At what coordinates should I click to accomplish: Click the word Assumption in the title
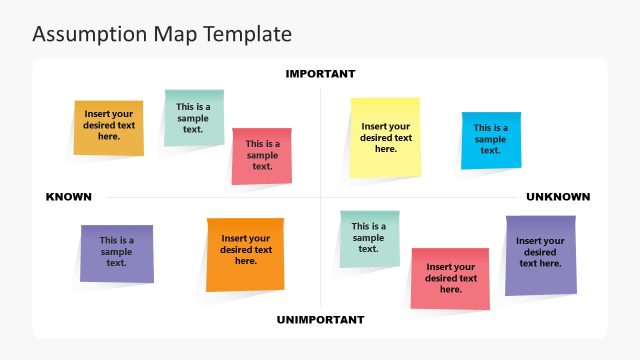click(89, 34)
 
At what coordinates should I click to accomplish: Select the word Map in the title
click(174, 34)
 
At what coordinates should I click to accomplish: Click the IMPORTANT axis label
click(320, 74)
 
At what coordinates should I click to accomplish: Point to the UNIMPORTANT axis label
click(320, 320)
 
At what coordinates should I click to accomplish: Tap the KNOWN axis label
click(69, 197)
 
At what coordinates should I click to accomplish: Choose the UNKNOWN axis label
click(558, 197)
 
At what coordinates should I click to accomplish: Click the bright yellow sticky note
click(385, 137)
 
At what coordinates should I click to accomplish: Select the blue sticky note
click(490, 139)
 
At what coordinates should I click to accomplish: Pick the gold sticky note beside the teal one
click(109, 128)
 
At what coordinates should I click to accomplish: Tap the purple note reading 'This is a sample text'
click(116, 252)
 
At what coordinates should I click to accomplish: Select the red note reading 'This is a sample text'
click(262, 155)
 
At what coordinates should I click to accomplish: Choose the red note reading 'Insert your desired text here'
click(450, 278)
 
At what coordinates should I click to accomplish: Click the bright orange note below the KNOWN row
click(245, 254)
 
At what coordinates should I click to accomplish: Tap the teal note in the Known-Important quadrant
click(193, 118)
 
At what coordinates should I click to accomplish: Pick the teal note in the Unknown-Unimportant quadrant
click(368, 238)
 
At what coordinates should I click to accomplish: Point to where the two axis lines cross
click(320, 197)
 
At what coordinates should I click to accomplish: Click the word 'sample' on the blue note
click(490, 139)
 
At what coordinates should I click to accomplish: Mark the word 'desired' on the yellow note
click(386, 138)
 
